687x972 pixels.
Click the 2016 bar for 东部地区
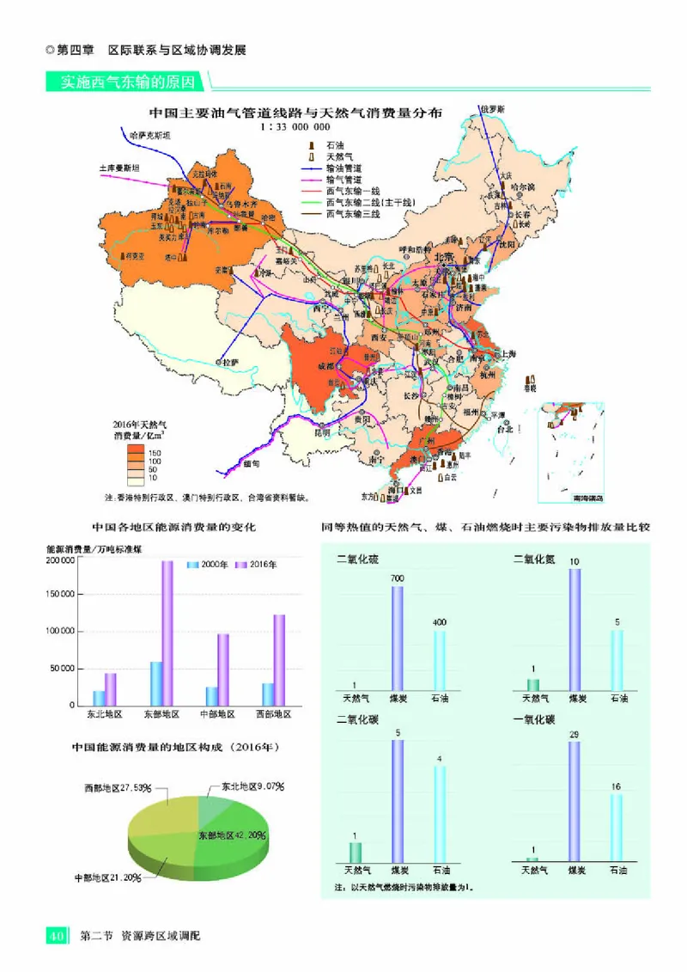coord(167,633)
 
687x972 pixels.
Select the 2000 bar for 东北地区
coord(99,697)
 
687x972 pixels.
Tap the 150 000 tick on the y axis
coord(59,595)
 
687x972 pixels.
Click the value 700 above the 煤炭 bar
coord(397,579)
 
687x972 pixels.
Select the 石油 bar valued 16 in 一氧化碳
coord(617,826)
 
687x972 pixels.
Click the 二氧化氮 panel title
coord(533,559)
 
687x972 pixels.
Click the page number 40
coord(57,935)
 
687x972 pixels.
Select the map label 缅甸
coord(250,463)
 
